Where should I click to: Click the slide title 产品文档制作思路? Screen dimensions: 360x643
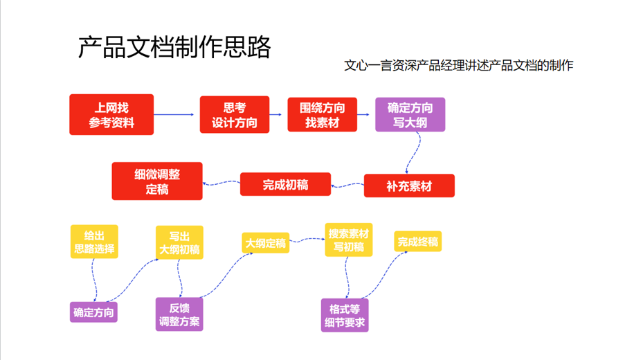[174, 48]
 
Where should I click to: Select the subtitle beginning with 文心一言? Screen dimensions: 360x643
[458, 66]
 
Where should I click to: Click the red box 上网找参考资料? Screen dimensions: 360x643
[111, 115]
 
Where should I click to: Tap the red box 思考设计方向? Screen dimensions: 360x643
[234, 115]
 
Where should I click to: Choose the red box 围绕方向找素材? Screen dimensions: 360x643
[322, 115]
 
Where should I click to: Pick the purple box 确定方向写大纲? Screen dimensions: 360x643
[410, 115]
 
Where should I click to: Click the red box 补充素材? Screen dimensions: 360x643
[410, 186]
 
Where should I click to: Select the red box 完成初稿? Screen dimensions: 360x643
[285, 185]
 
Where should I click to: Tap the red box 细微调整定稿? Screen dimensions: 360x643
[157, 181]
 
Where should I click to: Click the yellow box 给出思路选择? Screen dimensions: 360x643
[94, 242]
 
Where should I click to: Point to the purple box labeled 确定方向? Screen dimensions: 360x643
[93, 312]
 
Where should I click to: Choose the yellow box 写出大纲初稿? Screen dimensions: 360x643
[179, 242]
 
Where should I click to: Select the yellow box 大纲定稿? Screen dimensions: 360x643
[264, 243]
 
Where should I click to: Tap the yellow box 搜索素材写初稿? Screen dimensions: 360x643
[350, 240]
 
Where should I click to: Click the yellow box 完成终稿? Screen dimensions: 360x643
[417, 242]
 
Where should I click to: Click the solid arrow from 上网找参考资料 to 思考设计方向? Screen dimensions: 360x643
[176, 115]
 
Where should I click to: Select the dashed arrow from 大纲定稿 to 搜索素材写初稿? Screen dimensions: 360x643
[306, 241]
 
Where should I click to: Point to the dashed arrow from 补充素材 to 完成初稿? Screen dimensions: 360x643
[348, 185]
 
